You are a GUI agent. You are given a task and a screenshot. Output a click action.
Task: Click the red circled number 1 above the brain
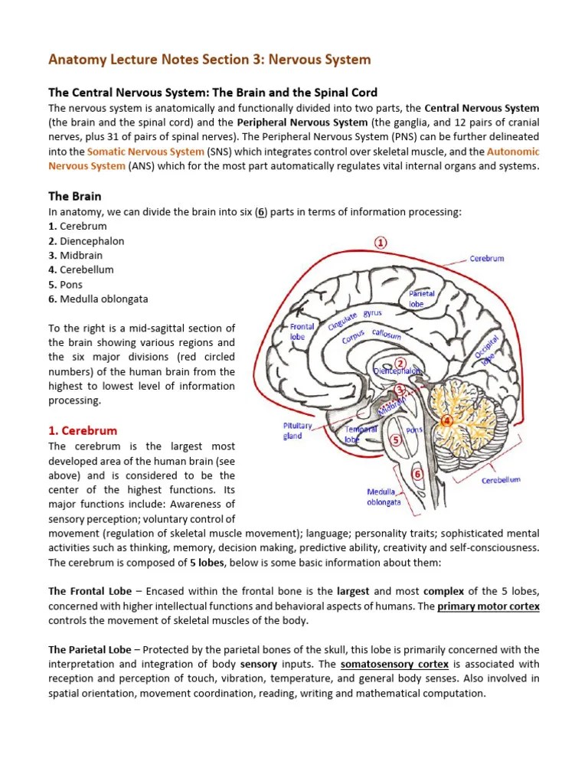(381, 243)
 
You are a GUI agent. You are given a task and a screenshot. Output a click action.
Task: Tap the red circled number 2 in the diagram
(400, 361)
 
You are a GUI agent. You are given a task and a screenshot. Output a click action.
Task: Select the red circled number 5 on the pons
(395, 439)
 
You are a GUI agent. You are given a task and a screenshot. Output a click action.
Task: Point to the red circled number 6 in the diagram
(417, 474)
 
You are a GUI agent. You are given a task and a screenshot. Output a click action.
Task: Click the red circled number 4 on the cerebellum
(447, 420)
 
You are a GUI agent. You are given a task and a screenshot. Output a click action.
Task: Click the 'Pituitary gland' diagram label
(298, 430)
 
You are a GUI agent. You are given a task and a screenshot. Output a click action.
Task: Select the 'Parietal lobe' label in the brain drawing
(421, 299)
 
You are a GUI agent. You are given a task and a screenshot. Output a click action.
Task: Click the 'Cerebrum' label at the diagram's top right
(487, 259)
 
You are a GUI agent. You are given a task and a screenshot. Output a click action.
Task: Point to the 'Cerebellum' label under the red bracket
(501, 480)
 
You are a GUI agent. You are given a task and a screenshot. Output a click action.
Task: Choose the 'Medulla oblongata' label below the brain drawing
(384, 497)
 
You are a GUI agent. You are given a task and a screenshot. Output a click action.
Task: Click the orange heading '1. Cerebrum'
(83, 430)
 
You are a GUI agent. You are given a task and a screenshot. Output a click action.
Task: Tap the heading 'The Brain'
(75, 196)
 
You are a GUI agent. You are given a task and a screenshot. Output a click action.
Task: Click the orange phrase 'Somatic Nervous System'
(145, 152)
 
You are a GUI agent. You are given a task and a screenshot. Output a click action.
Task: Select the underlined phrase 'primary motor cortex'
(488, 606)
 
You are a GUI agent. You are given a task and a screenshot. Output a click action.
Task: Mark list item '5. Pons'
(66, 284)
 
